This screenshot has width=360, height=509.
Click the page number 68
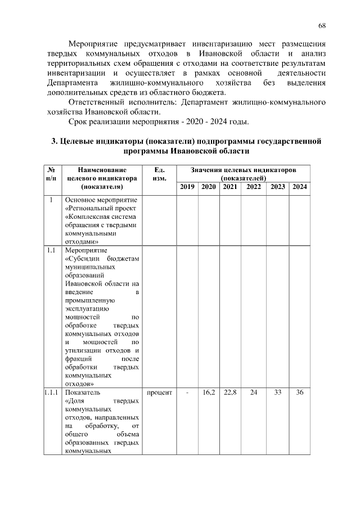pos(322,25)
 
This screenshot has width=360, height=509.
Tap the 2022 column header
pos(253,187)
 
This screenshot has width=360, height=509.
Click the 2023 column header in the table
pos(277,187)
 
